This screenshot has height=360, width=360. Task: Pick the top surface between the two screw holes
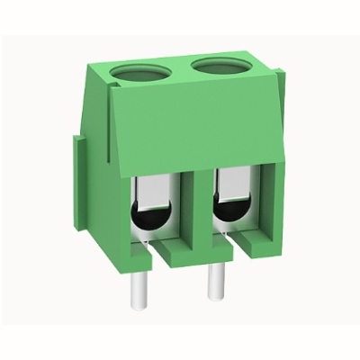(x=180, y=70)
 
